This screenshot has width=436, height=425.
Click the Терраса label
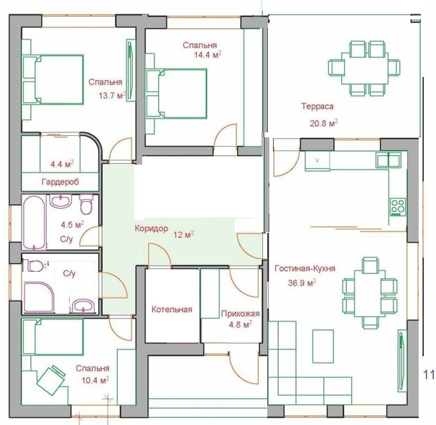317,106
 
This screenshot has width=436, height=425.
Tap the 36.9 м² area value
302,283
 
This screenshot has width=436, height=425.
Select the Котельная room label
172,309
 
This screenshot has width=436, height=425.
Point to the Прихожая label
240,314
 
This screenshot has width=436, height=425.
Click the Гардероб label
60,182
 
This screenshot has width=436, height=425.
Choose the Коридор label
152,229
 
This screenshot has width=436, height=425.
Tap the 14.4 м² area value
208,55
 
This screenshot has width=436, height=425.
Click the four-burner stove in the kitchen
398,207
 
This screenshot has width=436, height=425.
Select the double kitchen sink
389,160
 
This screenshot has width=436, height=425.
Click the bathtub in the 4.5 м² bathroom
34,221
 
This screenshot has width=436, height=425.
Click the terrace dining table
365,68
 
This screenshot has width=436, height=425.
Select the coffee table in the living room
323,346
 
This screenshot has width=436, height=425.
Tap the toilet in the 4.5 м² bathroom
86,204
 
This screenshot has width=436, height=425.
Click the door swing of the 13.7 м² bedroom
120,150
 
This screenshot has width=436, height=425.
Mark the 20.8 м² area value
324,123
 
